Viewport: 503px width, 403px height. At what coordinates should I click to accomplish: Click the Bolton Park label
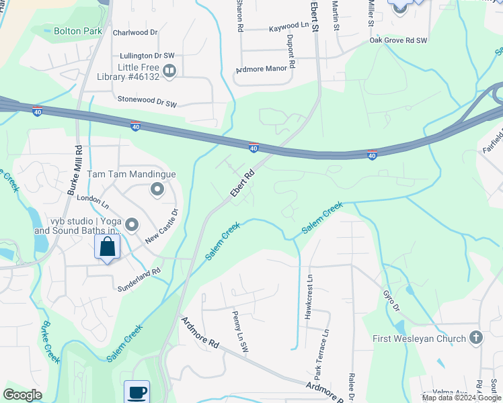(78, 31)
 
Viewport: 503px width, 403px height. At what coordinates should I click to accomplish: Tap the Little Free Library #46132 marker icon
(169, 70)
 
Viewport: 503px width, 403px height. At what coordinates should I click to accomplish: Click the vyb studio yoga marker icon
(132, 224)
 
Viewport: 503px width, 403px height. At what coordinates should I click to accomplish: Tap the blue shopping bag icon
(107, 247)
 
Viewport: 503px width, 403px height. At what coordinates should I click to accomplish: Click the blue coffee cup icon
(137, 392)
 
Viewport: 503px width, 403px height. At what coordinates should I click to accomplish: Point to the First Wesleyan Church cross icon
(476, 338)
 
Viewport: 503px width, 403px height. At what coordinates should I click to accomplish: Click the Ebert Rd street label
(242, 182)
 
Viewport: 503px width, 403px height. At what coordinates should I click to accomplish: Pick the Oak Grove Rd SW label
(398, 41)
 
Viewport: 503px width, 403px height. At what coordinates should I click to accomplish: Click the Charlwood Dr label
(134, 32)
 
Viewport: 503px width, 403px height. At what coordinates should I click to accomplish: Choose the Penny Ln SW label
(239, 328)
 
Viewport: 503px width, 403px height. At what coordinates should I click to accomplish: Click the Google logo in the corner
(23, 395)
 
